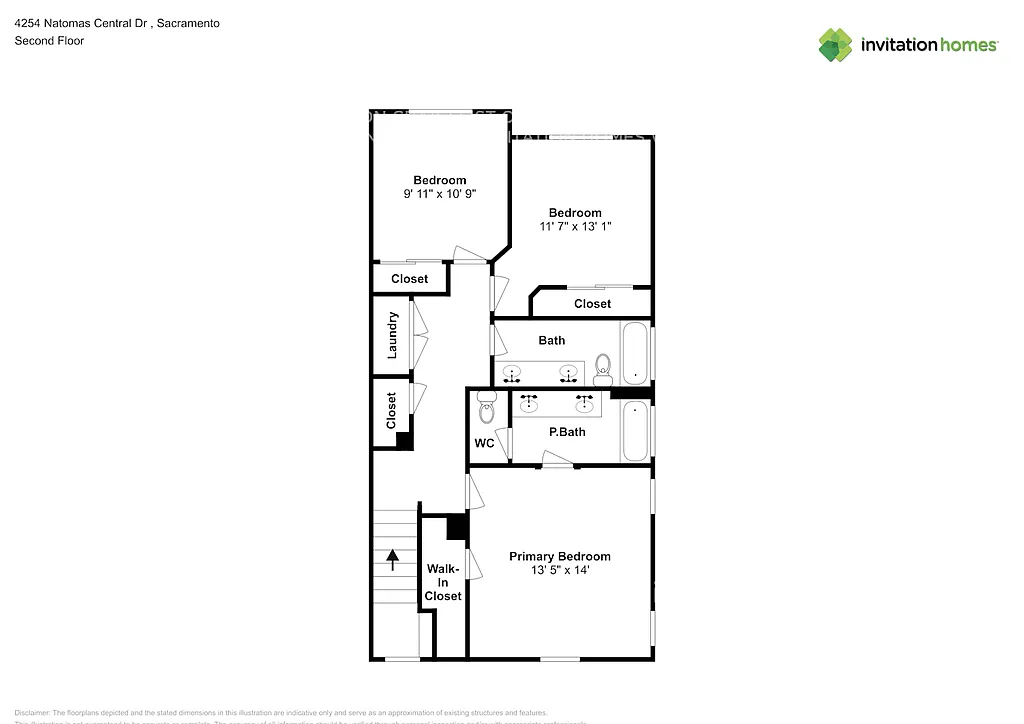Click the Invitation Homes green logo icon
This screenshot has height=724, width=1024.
click(835, 45)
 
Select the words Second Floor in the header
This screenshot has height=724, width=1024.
click(49, 41)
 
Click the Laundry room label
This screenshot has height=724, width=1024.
click(392, 335)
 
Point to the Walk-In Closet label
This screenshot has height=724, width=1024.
click(443, 582)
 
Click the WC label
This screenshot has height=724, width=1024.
click(484, 443)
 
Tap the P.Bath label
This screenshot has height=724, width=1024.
click(567, 432)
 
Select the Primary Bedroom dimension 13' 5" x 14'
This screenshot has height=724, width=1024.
click(559, 570)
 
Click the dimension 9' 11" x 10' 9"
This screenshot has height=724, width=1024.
click(440, 194)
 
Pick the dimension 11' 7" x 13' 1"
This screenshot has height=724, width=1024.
click(575, 226)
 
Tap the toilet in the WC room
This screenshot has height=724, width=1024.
click(487, 405)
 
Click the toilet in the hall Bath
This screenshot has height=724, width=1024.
click(603, 369)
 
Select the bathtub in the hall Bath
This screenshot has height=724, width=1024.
click(635, 352)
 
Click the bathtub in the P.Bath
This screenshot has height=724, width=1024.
click(635, 432)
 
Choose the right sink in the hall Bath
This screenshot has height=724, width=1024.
click(569, 373)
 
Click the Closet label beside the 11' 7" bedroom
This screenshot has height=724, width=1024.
click(592, 303)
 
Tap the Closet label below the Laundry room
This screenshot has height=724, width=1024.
click(392, 410)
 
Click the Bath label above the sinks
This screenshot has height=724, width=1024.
click(552, 340)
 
